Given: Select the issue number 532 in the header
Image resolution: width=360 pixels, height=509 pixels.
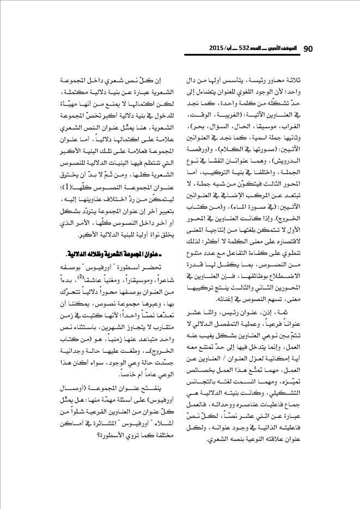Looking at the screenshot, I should [x=249, y=49].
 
